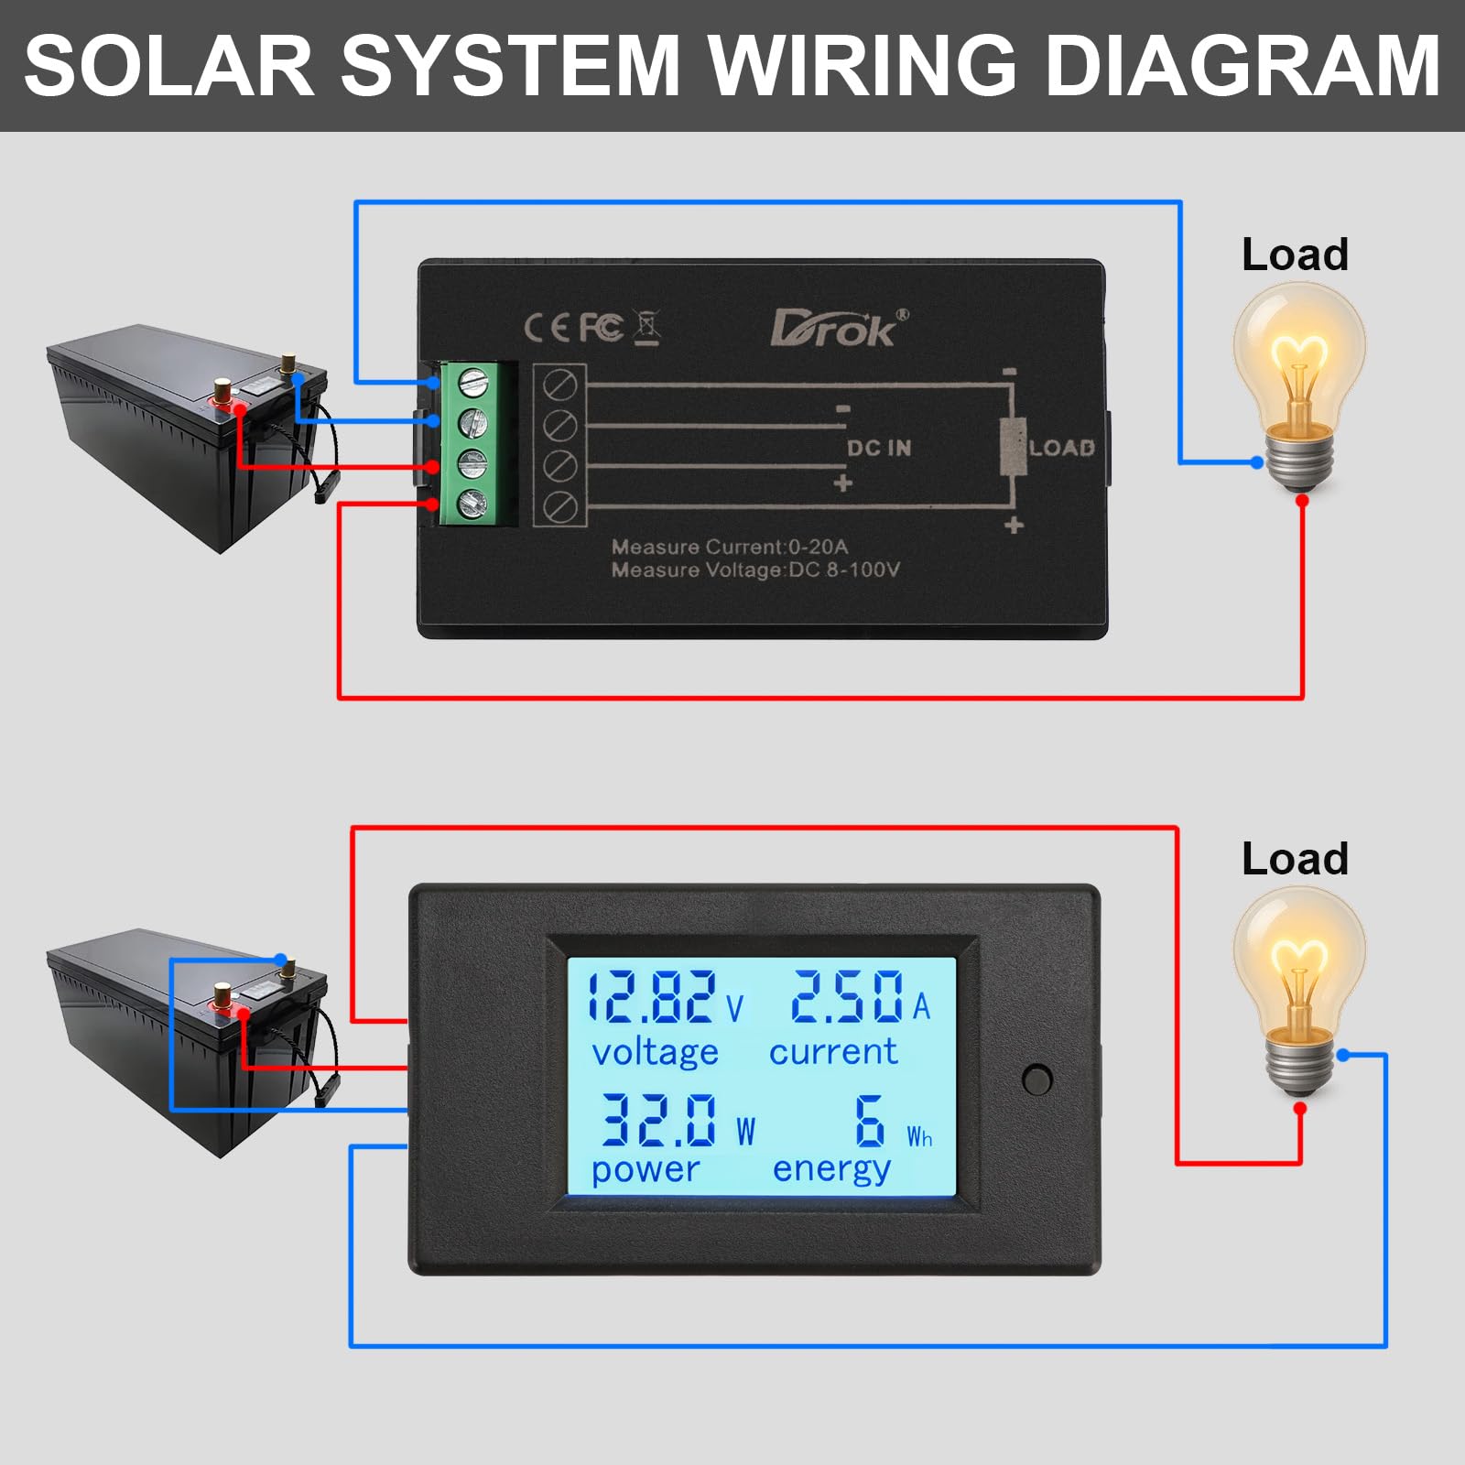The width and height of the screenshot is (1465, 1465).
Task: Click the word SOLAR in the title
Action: point(169,66)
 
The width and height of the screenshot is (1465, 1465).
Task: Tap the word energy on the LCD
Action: point(831,1169)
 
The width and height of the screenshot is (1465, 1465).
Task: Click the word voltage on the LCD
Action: point(655,1053)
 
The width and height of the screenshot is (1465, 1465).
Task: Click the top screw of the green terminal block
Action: point(472,381)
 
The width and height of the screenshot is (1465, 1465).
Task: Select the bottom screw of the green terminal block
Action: point(472,503)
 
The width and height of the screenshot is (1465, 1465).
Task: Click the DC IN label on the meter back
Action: point(878,448)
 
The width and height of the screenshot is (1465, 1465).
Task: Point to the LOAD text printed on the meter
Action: point(1062,448)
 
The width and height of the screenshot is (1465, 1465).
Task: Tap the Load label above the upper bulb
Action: point(1295,255)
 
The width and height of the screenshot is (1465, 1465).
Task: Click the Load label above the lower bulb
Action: point(1295,859)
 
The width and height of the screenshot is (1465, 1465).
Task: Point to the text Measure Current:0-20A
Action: point(730,547)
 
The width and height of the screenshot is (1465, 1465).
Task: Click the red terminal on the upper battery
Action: point(222,391)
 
